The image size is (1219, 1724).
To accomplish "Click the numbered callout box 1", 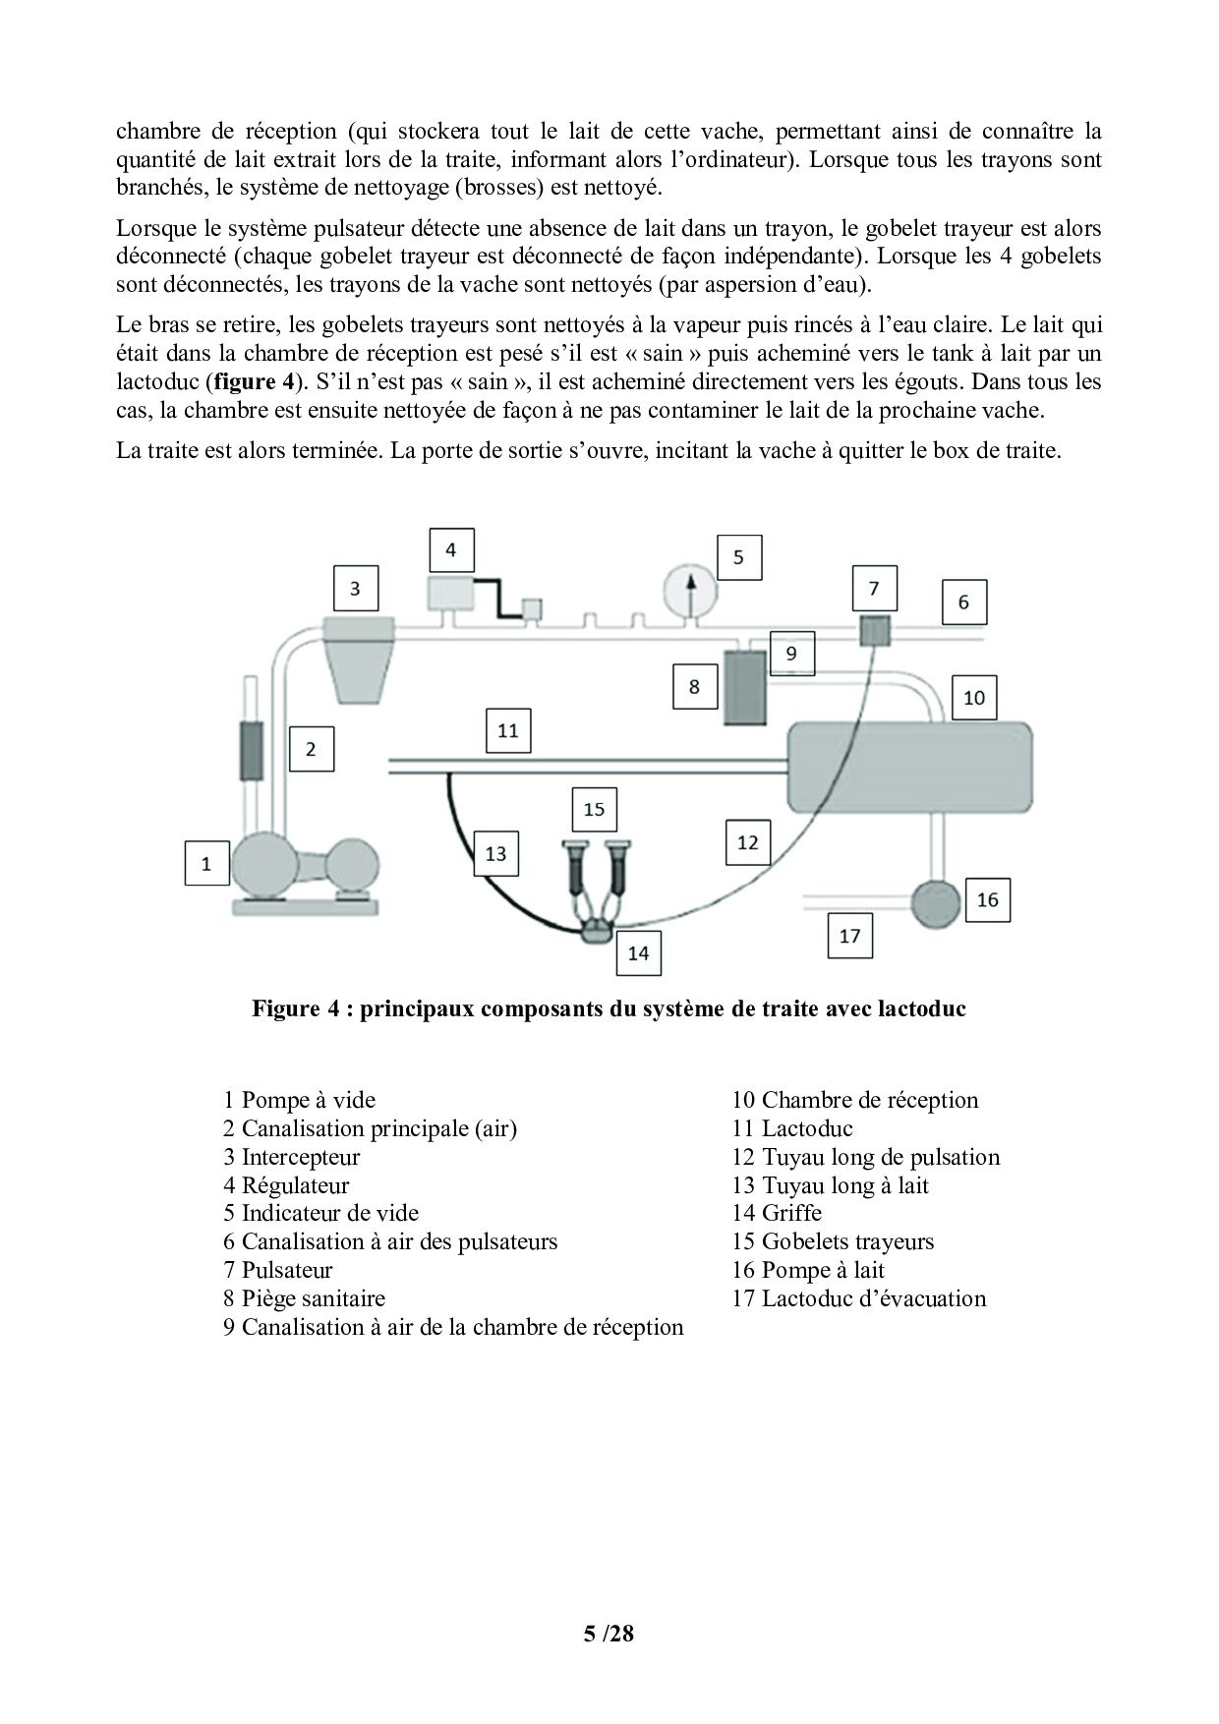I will click(x=206, y=864).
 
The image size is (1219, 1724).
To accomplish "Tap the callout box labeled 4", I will click(x=451, y=550).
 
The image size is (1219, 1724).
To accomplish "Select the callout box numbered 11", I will click(x=508, y=731).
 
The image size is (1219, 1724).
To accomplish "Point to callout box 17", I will click(x=850, y=936).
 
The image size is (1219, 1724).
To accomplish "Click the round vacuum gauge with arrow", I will click(x=689, y=590).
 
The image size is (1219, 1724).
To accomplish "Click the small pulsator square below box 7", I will click(x=874, y=629).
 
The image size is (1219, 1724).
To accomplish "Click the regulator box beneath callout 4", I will click(x=450, y=593).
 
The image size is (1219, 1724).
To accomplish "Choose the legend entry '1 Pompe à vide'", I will click(x=299, y=1100).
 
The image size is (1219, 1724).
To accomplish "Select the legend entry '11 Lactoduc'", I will click(x=791, y=1128).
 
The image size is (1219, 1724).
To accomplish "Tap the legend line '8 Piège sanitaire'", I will click(x=304, y=1298).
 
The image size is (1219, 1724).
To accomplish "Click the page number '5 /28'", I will click(x=609, y=1634).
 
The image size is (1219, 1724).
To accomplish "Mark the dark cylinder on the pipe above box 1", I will click(x=252, y=751).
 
